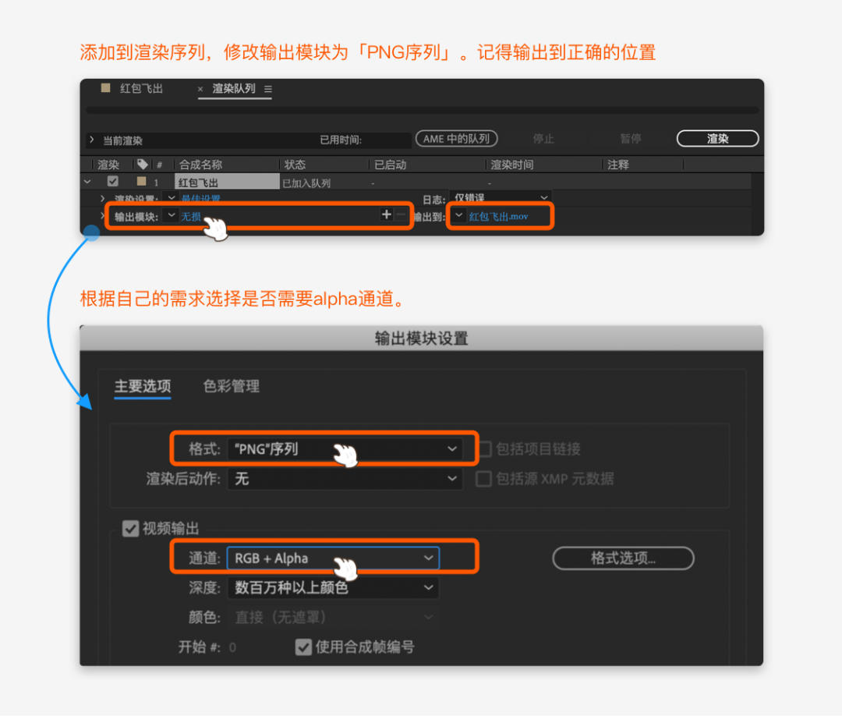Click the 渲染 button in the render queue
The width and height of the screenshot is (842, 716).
point(717,139)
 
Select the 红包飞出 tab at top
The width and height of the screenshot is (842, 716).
point(141,89)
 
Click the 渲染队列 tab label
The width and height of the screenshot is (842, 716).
point(234,89)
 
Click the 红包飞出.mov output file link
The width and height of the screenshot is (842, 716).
point(499,216)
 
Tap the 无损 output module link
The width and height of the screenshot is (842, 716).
point(191,216)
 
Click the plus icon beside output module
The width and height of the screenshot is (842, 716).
point(386,214)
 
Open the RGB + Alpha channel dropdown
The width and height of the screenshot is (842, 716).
point(333,558)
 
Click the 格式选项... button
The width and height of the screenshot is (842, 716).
point(623,558)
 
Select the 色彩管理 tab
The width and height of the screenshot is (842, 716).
point(232,386)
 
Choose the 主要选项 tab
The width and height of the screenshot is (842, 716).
point(143,386)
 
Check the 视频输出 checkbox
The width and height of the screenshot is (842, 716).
point(131,529)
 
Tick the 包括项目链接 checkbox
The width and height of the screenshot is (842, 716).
point(484,449)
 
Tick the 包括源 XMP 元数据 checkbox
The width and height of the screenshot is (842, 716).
point(484,479)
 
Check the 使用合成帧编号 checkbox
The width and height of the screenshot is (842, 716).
point(303,647)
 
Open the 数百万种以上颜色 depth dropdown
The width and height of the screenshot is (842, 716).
point(333,588)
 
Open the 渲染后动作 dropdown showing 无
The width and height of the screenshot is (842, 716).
point(345,479)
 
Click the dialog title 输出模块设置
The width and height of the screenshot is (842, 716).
point(421,339)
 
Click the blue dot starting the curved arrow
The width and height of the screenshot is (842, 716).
point(91,233)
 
